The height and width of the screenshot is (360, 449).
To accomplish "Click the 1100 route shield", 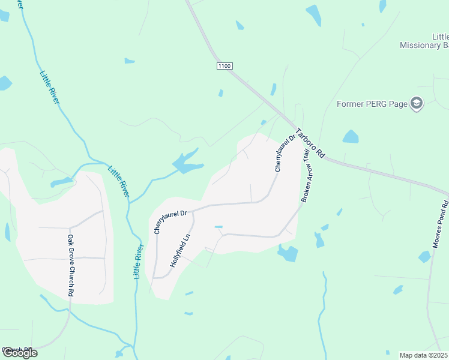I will tap(224, 65).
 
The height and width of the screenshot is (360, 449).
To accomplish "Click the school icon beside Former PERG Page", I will tap(416, 104).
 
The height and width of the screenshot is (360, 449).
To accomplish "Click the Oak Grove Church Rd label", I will tap(70, 266).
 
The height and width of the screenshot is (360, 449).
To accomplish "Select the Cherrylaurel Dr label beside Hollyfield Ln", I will tap(170, 220).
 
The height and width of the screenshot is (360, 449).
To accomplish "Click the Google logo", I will tap(19, 353).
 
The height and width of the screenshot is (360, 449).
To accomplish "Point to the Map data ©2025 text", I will tap(424, 355).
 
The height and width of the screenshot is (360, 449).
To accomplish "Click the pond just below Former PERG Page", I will tap(351, 137).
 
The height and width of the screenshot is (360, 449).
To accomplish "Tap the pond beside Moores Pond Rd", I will tap(425, 257).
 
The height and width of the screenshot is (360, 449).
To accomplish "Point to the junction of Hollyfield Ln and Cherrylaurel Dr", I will tap(193, 211).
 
